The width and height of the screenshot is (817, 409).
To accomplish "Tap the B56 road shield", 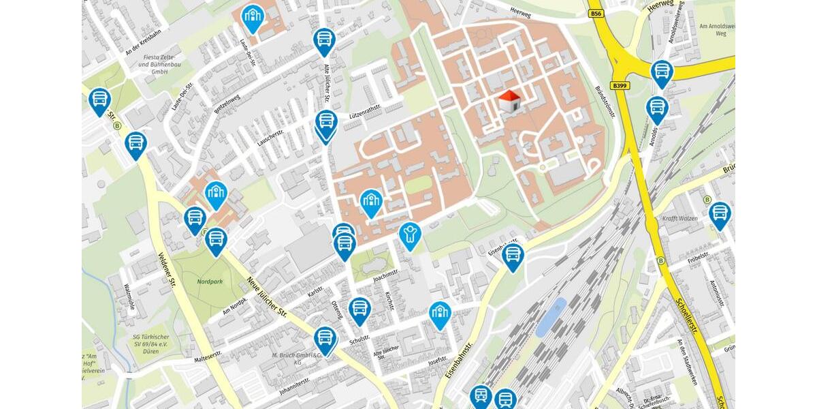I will pos(596,13).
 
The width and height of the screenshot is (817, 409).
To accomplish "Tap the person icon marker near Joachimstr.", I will pos(409,235).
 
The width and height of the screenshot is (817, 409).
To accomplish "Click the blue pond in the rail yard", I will pos(551,316).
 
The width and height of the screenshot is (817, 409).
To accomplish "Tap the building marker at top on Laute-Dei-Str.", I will pos(253,18).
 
